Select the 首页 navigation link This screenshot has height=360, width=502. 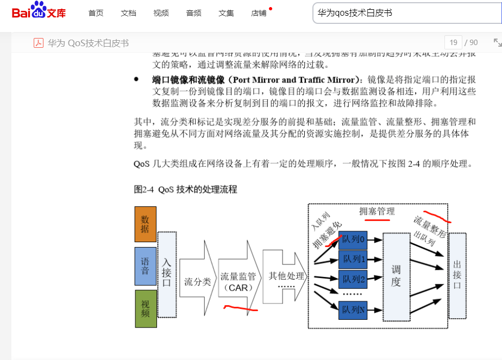coord(96,13)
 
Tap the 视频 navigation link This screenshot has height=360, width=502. coord(161,13)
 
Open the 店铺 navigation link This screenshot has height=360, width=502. coord(259,13)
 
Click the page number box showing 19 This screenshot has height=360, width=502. coord(453,42)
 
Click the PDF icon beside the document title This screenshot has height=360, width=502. coord(39,43)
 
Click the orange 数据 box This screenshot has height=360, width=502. coord(145,224)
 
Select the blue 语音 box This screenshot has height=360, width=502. coord(145,266)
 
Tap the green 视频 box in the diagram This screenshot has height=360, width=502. coord(145,308)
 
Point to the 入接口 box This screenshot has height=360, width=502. coord(167,274)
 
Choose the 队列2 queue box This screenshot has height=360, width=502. coord(354,279)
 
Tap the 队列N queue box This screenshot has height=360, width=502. coord(354,310)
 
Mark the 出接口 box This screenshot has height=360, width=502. coord(457,275)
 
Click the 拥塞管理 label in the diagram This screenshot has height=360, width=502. coord(377,211)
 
